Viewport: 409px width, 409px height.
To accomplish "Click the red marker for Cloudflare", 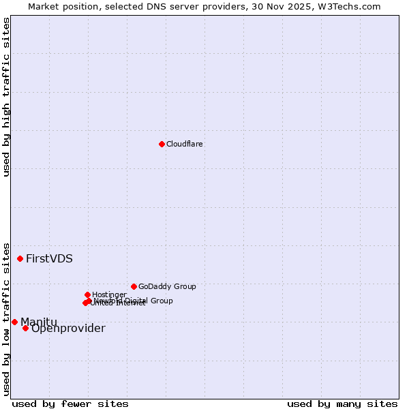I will (x=162, y=144).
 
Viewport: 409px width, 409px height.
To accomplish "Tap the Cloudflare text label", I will (x=185, y=144).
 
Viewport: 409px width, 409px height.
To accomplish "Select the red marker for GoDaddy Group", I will (x=134, y=286).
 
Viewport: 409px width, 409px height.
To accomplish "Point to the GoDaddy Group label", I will (x=167, y=286).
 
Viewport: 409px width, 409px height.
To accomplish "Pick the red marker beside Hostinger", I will (x=87, y=294).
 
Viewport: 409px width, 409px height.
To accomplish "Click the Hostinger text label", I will (x=109, y=294).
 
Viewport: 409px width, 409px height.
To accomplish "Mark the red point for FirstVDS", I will (x=20, y=258).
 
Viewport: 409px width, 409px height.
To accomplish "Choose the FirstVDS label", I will (x=49, y=258).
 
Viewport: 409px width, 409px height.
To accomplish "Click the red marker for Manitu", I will (x=14, y=322).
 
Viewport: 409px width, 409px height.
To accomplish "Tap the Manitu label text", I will (x=39, y=322).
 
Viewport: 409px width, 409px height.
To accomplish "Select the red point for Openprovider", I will (x=25, y=328).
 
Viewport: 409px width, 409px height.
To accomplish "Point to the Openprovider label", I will (x=68, y=329).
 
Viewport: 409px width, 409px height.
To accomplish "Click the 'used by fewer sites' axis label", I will (x=70, y=404).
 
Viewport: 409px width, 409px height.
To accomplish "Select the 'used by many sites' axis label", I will (x=342, y=404).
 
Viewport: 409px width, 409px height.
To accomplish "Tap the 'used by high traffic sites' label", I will (x=6, y=97).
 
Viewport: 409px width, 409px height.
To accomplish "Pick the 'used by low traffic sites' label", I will (x=6, y=318).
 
